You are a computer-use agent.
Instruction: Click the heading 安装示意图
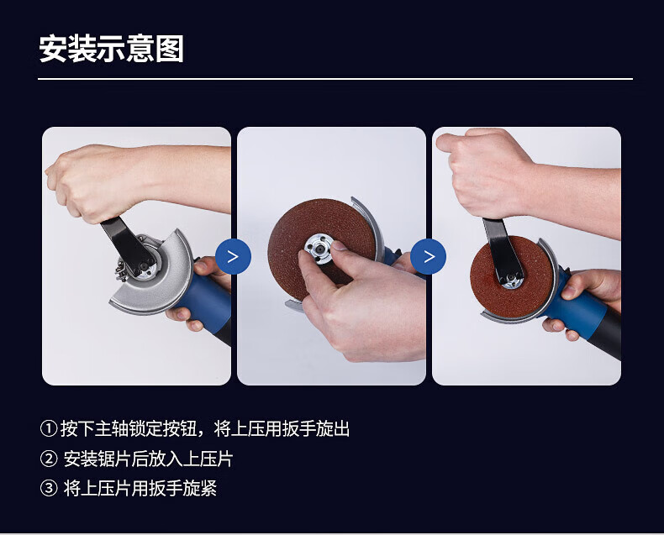click(x=112, y=49)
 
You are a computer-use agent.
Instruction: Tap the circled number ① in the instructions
click(x=49, y=428)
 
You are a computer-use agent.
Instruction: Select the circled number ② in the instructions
click(x=49, y=459)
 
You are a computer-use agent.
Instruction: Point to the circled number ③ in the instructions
click(x=49, y=488)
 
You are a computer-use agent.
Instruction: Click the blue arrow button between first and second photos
click(x=234, y=256)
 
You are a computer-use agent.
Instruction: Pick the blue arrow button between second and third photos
click(x=429, y=256)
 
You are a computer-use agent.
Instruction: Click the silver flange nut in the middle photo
click(x=319, y=248)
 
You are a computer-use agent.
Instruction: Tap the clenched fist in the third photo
click(x=487, y=174)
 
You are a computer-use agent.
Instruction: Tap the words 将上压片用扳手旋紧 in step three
click(x=140, y=488)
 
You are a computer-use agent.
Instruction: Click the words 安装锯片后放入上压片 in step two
click(x=148, y=459)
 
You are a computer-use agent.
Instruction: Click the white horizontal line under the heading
click(x=335, y=79)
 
